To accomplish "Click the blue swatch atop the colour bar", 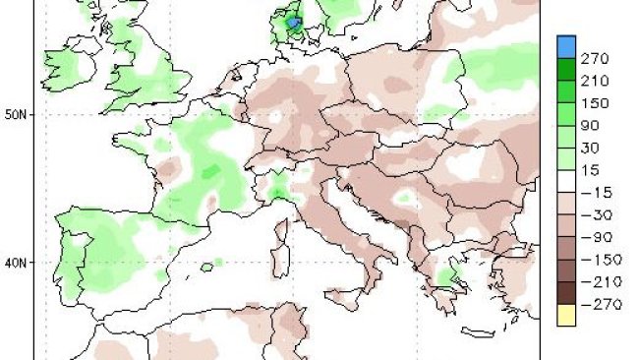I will [x=565, y=46].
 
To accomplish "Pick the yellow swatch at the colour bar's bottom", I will [x=565, y=315].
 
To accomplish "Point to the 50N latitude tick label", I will [x=16, y=114].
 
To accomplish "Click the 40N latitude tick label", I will [x=16, y=263].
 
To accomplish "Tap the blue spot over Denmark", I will [x=293, y=22].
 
